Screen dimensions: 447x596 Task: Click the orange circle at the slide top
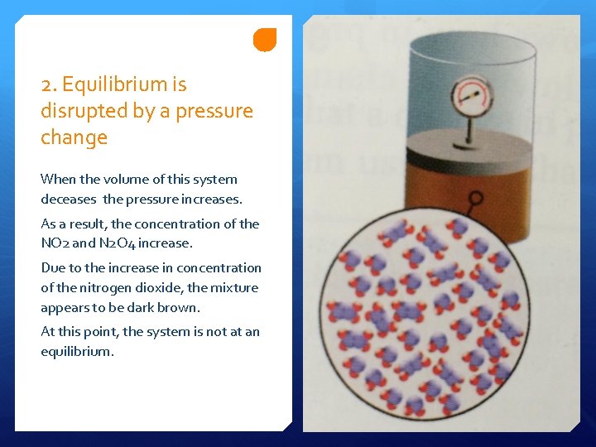coord(265,39)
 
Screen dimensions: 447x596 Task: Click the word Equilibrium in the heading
coord(124,84)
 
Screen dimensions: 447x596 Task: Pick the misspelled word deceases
coord(70,199)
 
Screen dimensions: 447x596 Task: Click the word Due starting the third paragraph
coord(53,268)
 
